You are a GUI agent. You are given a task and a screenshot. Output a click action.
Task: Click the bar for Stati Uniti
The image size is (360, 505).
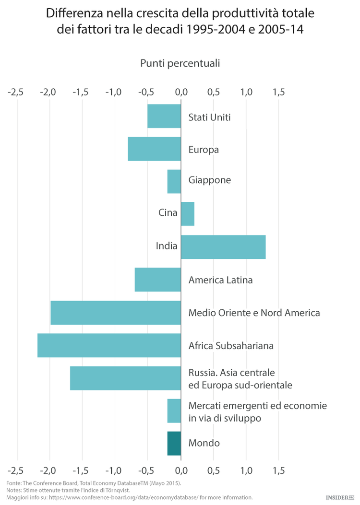pyautogui.click(x=164, y=116)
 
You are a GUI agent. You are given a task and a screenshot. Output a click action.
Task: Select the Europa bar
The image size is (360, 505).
pyautogui.click(x=154, y=149)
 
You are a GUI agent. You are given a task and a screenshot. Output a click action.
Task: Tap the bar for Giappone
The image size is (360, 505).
pyautogui.click(x=174, y=182)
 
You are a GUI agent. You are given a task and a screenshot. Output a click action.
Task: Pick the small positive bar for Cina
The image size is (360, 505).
pyautogui.click(x=188, y=214)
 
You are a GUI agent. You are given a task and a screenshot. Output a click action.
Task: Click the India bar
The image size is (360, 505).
pyautogui.click(x=223, y=247)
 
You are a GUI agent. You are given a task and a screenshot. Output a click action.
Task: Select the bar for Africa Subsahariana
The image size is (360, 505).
pyautogui.click(x=109, y=345)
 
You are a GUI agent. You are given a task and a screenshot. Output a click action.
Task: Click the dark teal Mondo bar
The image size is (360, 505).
pyautogui.click(x=174, y=443)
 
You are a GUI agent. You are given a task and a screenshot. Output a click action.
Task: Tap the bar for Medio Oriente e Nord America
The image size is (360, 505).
pyautogui.click(x=116, y=312)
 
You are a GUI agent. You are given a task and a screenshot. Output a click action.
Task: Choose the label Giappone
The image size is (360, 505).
pyautogui.click(x=210, y=180)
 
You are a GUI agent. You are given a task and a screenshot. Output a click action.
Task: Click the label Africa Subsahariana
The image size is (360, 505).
pyautogui.click(x=231, y=345)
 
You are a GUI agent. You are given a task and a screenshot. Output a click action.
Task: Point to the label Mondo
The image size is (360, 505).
pyautogui.click(x=204, y=443)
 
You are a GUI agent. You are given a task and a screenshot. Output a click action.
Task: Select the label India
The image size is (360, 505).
pyautogui.click(x=167, y=247)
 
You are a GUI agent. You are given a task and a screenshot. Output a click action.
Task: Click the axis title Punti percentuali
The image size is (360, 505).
pyautogui.click(x=180, y=63)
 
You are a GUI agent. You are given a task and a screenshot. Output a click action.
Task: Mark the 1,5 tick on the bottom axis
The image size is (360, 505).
pyautogui.click(x=278, y=469)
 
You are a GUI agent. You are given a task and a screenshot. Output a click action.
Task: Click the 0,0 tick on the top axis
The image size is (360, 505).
pyautogui.click(x=181, y=92)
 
